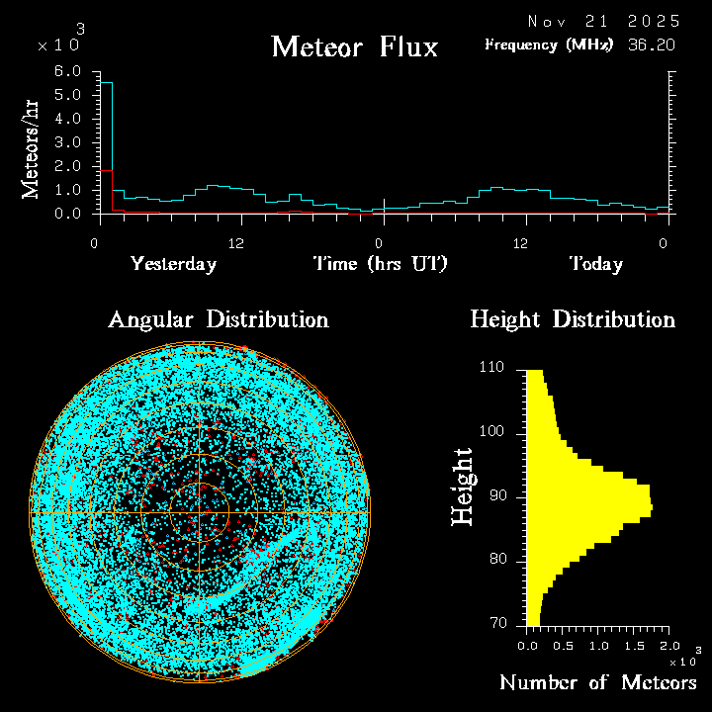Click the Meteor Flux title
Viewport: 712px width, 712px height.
click(x=354, y=46)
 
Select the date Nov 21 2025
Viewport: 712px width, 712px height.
click(x=603, y=21)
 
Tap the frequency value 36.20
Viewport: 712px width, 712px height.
click(x=653, y=44)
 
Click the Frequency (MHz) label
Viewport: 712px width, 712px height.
click(x=549, y=44)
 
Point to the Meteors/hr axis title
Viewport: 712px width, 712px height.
click(x=32, y=148)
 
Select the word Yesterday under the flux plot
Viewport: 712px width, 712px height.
click(x=173, y=264)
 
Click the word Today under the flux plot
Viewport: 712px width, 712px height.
click(x=595, y=264)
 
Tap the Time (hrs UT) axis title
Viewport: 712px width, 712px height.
click(x=381, y=264)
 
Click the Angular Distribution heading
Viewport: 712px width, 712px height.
click(x=219, y=319)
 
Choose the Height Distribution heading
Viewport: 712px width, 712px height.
click(x=573, y=319)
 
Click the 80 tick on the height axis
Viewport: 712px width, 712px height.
click(x=497, y=560)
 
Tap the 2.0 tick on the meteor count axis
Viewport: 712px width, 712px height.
click(x=669, y=645)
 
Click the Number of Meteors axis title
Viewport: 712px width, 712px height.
click(x=598, y=682)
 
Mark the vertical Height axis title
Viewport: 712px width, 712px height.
click(x=463, y=486)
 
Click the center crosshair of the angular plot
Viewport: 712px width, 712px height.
click(x=200, y=513)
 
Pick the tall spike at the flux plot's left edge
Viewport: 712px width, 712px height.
click(x=108, y=138)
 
